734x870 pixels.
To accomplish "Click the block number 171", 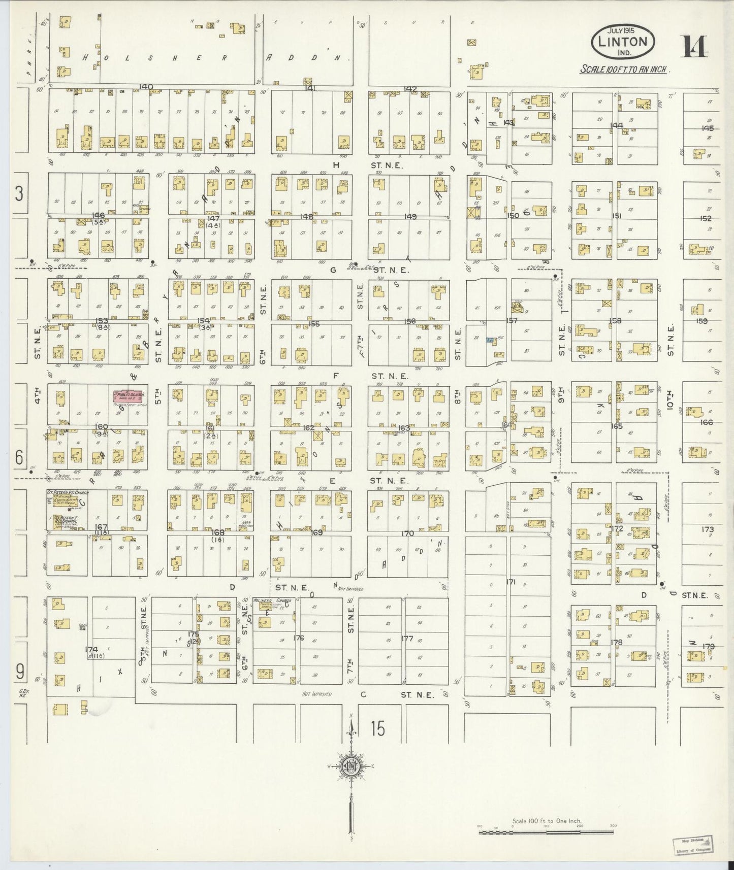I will coord(510,582).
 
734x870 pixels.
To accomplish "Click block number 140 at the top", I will coord(146,87).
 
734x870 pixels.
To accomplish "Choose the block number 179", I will coord(708,646).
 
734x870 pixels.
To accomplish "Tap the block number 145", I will coord(707,128).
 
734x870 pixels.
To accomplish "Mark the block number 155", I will coord(314,324).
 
